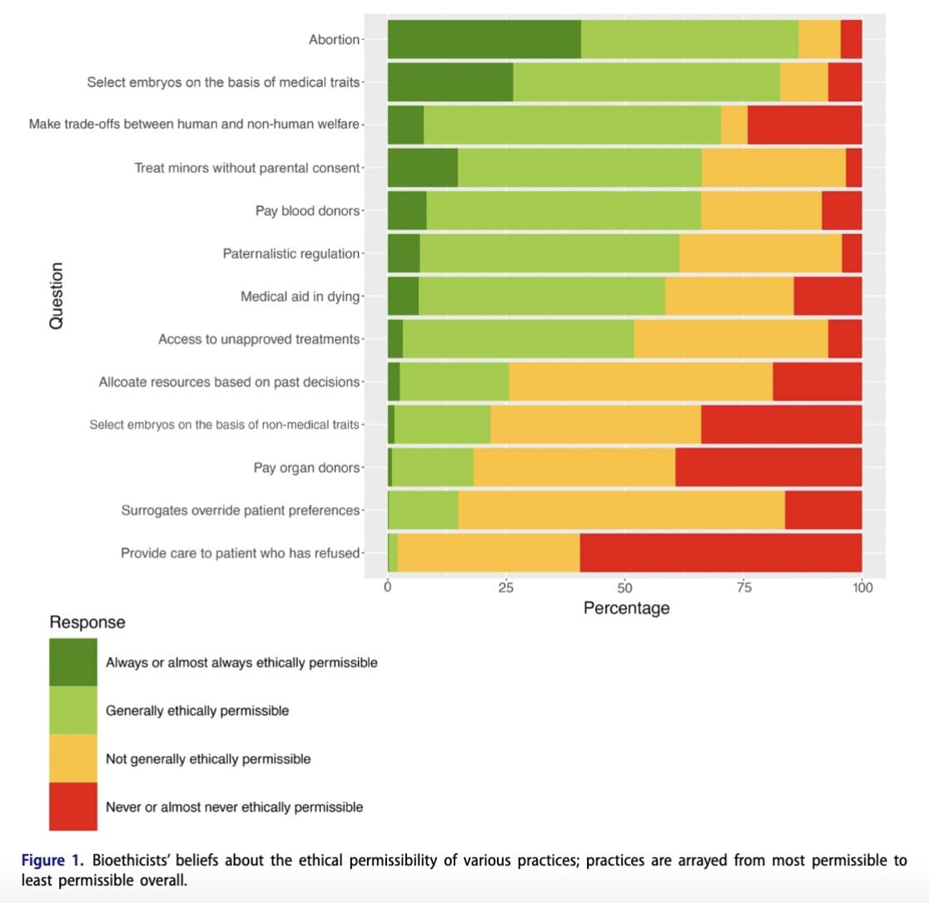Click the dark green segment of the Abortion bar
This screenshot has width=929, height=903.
(x=484, y=39)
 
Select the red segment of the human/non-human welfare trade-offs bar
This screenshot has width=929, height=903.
(x=804, y=125)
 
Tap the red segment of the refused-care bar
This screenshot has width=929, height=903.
(x=721, y=553)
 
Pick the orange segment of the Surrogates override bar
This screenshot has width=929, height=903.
(x=621, y=510)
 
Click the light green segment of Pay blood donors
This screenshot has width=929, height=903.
(x=564, y=211)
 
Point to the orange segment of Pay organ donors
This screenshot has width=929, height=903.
(x=574, y=467)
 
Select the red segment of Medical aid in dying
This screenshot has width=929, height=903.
(x=827, y=296)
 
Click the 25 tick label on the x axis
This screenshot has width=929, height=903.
(x=506, y=588)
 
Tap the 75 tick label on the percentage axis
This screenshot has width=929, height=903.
(x=744, y=588)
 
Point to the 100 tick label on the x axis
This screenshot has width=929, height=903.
(x=862, y=588)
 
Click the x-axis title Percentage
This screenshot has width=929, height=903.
(x=626, y=608)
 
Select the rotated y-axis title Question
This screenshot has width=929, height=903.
(x=56, y=295)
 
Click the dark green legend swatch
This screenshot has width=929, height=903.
(x=73, y=662)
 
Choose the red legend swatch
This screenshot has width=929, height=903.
(x=73, y=806)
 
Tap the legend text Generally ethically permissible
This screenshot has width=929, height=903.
(x=197, y=711)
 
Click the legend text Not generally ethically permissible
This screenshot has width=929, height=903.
(x=208, y=759)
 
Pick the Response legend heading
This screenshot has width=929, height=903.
(x=87, y=622)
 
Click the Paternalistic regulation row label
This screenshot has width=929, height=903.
(x=291, y=253)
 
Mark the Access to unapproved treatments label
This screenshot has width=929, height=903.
(x=259, y=339)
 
